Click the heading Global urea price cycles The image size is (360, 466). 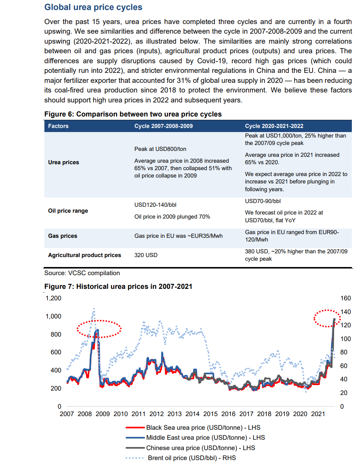(93, 7)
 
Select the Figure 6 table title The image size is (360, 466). (133, 114)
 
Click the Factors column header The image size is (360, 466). (58, 126)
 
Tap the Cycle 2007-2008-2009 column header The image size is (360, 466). (164, 126)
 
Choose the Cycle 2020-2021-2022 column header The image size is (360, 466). (274, 126)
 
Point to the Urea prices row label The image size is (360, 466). (63, 162)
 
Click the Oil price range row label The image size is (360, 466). (68, 210)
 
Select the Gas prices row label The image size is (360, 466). (63, 236)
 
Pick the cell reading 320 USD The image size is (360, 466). (146, 255)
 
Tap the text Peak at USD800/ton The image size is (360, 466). (160, 149)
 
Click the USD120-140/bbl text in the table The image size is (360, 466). (155, 205)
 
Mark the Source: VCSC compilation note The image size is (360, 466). (82, 273)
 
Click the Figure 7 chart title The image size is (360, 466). (118, 287)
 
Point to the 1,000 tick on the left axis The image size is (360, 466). (53, 316)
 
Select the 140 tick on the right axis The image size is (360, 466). (346, 312)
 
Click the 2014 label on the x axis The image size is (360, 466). (192, 414)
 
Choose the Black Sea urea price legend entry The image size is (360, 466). (193, 428)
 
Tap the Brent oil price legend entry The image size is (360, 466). (181, 458)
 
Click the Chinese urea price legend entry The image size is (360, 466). (190, 448)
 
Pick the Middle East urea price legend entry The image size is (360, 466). (195, 438)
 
